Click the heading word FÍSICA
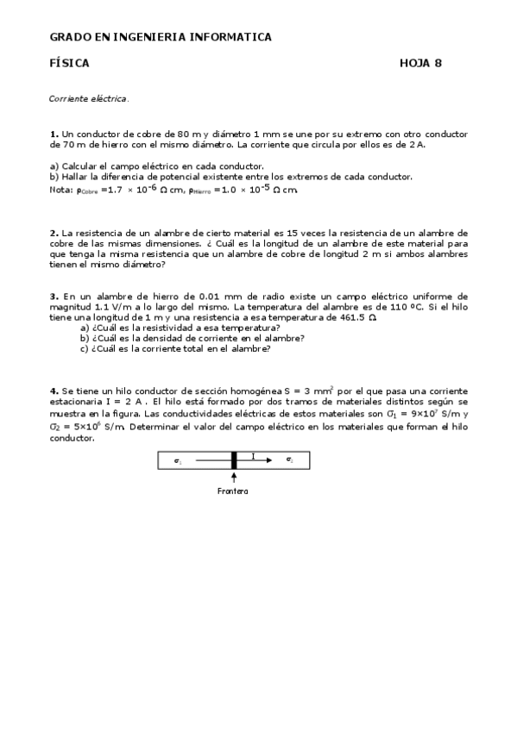click(x=69, y=63)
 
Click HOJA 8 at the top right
click(x=421, y=63)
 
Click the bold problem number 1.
click(x=54, y=134)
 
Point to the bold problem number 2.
click(x=54, y=233)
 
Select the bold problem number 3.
click(x=54, y=296)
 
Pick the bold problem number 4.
click(x=54, y=391)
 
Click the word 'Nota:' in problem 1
click(x=62, y=189)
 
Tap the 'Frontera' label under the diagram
click(x=233, y=491)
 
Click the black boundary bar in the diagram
click(x=234, y=460)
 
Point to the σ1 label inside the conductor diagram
click(x=178, y=461)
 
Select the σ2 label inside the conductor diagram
click(x=289, y=461)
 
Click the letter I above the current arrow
click(x=253, y=455)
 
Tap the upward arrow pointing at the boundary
click(x=234, y=478)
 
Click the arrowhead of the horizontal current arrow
click(x=269, y=461)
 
